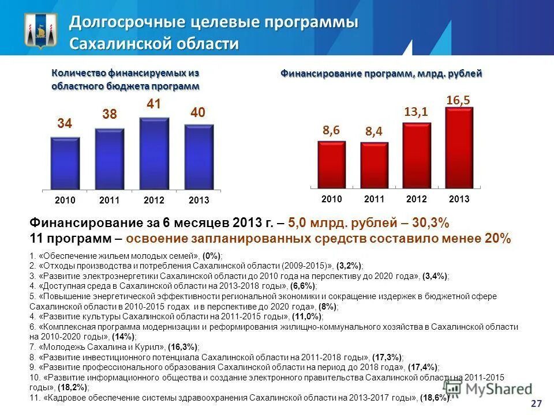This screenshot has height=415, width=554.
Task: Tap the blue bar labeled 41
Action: (154, 154)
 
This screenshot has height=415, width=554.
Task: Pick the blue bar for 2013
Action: (199, 157)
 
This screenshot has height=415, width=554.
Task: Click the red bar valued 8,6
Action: (331, 164)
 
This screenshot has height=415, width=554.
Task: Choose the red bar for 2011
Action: (375, 165)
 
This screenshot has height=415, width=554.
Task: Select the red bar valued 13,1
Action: (417, 154)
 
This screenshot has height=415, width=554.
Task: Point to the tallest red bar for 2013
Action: (459, 147)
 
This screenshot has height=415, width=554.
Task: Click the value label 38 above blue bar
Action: (110, 115)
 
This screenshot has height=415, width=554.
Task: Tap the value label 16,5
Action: (458, 100)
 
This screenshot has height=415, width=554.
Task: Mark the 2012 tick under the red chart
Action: (416, 199)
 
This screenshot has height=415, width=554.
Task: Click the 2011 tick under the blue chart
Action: (109, 200)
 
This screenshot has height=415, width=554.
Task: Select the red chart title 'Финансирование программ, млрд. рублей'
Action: (381, 74)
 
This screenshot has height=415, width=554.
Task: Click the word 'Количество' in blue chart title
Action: (77, 73)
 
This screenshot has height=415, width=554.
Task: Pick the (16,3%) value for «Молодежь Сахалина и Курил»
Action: (182, 347)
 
